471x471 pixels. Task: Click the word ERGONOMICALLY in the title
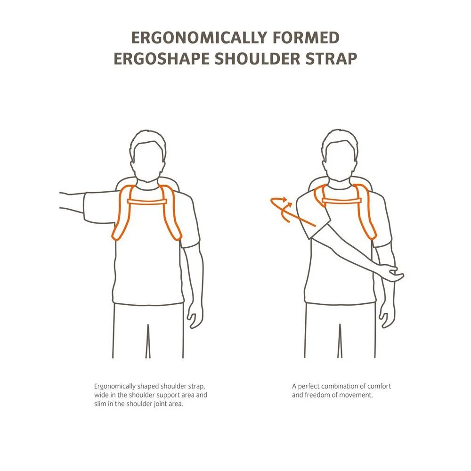[199, 38]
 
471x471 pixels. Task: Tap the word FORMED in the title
[306, 38]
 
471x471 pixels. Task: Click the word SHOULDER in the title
[257, 58]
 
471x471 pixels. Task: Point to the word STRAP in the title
[331, 58]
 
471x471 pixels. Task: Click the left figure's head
[148, 159]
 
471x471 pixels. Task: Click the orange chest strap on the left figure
[147, 202]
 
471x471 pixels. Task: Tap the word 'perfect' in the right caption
[308, 386]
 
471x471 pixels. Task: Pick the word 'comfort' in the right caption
[379, 386]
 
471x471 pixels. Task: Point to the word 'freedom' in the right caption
[317, 395]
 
